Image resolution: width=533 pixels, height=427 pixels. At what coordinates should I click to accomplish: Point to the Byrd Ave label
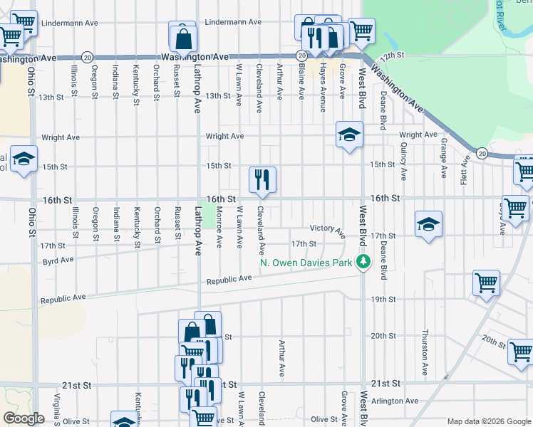pos(58,260)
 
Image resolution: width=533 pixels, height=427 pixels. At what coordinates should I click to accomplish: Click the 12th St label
pos(392,55)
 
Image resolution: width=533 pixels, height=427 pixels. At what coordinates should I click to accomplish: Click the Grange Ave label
pos(443,157)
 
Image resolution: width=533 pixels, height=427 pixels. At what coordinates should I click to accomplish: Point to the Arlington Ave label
pos(399,401)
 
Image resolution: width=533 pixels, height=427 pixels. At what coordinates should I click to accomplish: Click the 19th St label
pos(383,300)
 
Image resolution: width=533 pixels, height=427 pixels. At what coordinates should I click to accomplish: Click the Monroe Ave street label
pos(219,228)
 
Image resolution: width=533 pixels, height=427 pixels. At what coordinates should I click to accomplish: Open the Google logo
pos(24,418)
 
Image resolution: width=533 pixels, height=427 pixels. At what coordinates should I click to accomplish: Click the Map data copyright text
pos(487,421)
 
